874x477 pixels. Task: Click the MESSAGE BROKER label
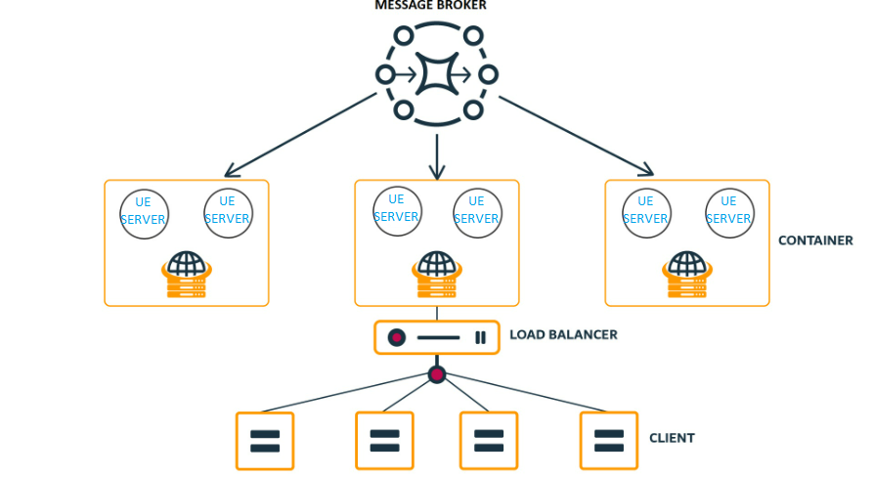pos(430,6)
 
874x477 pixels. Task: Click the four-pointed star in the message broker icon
pos(436,74)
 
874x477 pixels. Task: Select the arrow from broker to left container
pos(300,133)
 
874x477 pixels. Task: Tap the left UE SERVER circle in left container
pos(144,212)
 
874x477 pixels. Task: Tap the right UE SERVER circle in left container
pos(228,212)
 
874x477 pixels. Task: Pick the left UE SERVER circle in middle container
pos(397,209)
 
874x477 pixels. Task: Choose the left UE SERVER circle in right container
pos(646,212)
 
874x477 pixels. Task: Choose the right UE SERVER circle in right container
pos(728,212)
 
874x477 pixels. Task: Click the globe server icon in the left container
pos(186,275)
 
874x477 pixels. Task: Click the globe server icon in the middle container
pos(436,275)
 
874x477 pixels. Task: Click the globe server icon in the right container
pos(686,275)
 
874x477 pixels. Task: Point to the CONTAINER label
pos(815,240)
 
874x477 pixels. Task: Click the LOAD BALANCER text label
pos(563,334)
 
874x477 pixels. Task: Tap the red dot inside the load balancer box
pos(396,337)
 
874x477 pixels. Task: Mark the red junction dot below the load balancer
pos(437,374)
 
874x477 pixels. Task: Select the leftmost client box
pos(265,441)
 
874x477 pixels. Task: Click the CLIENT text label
pos(672,438)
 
